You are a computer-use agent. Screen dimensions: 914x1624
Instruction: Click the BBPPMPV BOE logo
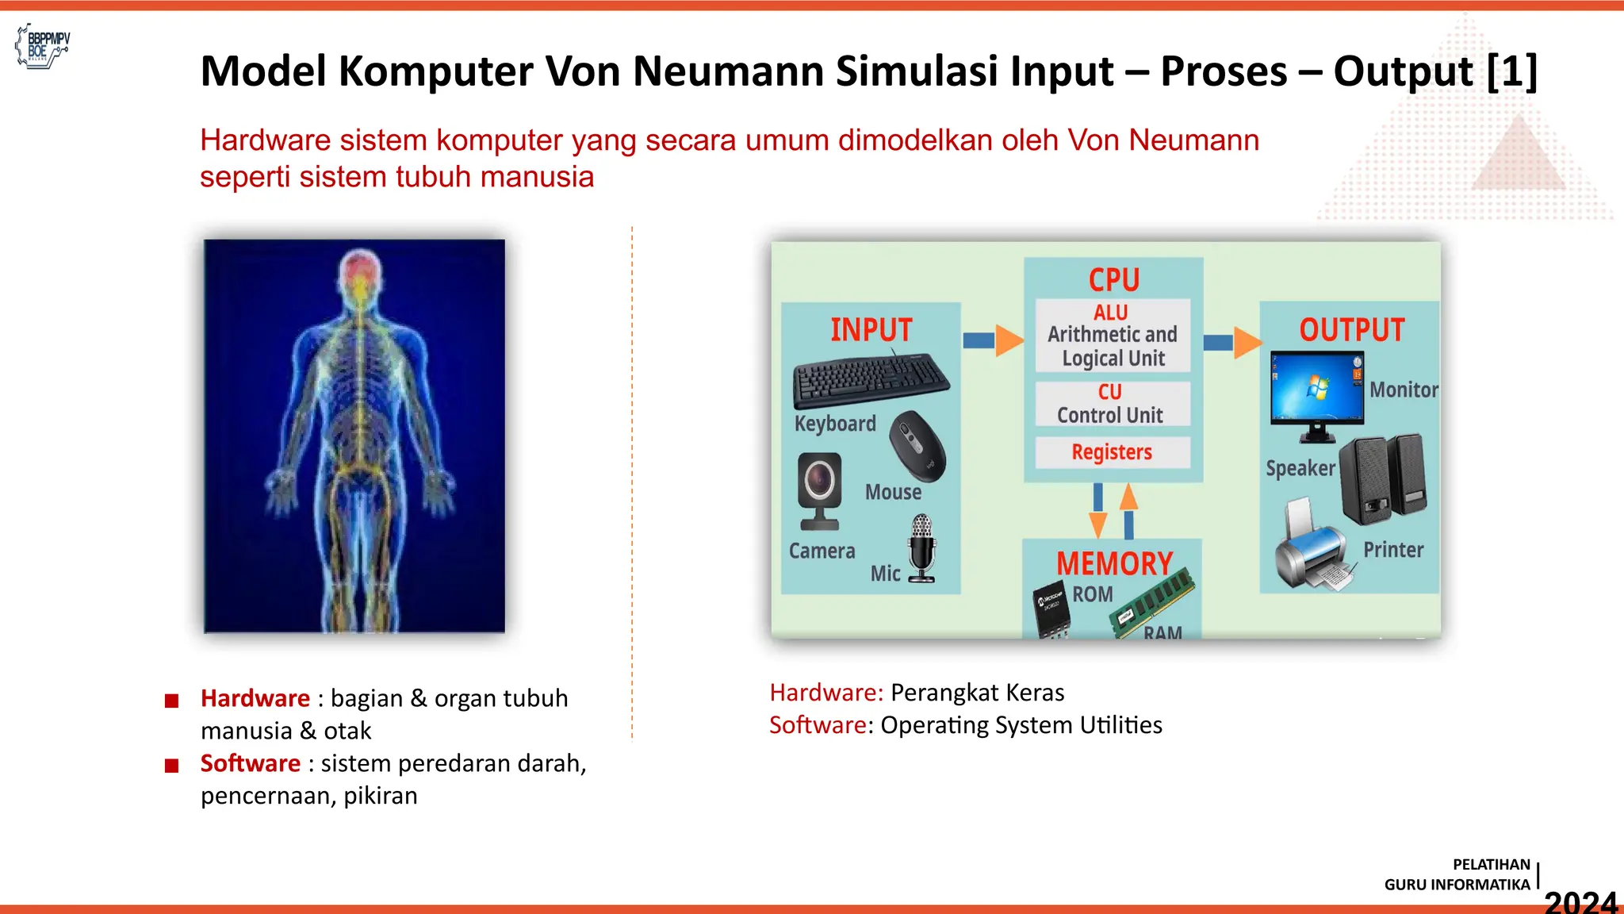click(x=43, y=46)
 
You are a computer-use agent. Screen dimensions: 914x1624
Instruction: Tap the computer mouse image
click(x=917, y=446)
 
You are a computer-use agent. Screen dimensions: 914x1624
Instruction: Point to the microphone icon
click(x=921, y=547)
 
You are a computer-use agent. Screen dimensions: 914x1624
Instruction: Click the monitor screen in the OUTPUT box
click(x=1316, y=388)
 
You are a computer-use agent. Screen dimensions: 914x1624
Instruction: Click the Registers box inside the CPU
click(x=1112, y=452)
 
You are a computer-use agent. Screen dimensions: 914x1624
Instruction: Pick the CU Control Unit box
click(x=1112, y=404)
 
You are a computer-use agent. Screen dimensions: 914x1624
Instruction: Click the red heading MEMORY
click(x=1113, y=563)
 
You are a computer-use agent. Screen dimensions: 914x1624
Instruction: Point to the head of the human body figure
click(x=360, y=274)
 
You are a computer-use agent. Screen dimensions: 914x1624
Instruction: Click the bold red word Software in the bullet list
click(x=250, y=763)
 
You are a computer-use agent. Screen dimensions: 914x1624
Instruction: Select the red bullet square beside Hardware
click(x=171, y=701)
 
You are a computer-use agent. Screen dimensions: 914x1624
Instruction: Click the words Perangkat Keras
click(x=977, y=693)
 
